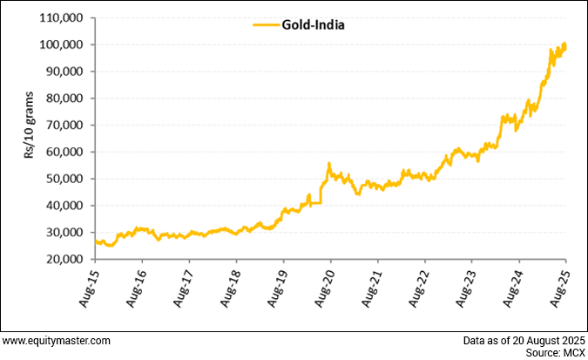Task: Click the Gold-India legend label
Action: pos(313,25)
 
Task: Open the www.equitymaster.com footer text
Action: pos(56,340)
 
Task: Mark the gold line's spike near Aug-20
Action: pos(328,164)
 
